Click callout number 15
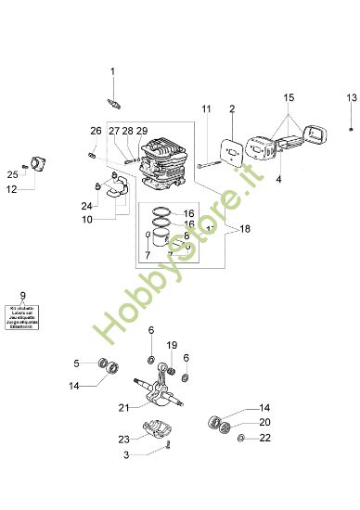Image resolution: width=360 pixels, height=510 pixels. pos(289,97)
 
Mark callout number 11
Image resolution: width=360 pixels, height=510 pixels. pos(206,110)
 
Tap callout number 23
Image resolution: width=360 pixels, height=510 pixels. pos(123,440)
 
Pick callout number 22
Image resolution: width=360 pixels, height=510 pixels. pos(265,438)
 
